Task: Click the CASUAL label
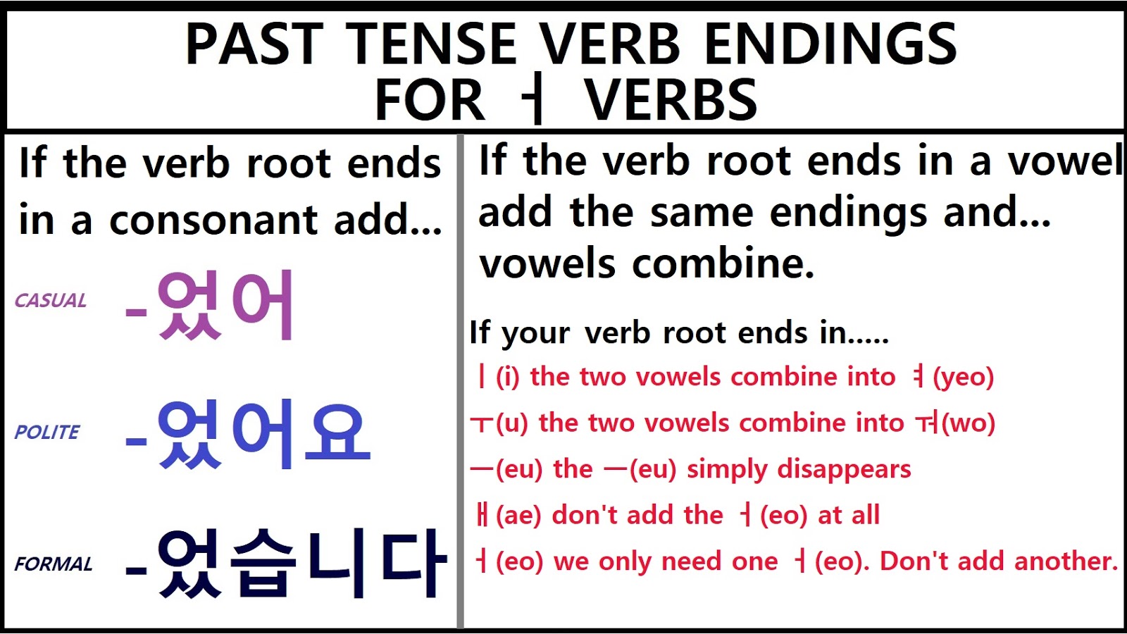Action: tap(51, 301)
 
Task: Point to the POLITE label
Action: tap(47, 432)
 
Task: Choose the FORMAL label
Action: tap(54, 564)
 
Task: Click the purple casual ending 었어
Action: tap(224, 306)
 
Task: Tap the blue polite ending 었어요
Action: tap(262, 435)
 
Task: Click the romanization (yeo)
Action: tap(963, 378)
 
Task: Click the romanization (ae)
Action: tap(518, 516)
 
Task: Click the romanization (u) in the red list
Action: tap(512, 423)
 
